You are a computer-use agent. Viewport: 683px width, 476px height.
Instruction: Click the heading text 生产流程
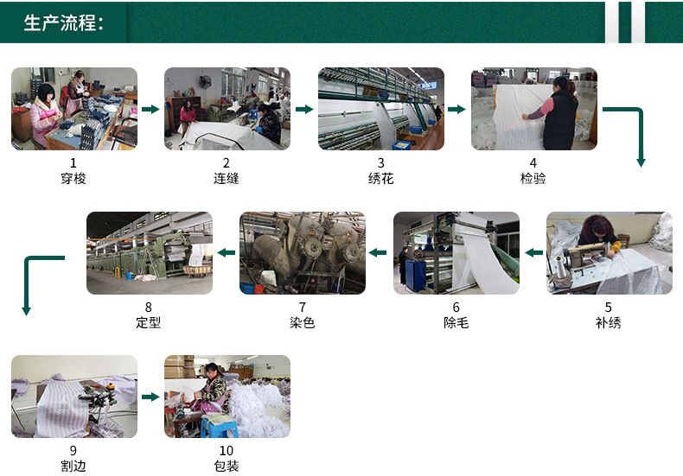click(60, 22)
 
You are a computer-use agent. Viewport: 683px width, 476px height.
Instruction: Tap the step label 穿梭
click(73, 178)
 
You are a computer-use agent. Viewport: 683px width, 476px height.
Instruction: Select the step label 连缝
click(226, 178)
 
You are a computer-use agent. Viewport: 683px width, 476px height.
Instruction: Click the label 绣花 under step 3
click(380, 178)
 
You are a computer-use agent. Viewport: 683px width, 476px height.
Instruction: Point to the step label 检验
click(533, 178)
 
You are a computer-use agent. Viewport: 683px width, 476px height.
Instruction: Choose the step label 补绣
click(608, 323)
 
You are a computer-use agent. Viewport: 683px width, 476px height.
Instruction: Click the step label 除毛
click(456, 323)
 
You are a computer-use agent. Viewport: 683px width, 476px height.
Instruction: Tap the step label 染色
click(303, 323)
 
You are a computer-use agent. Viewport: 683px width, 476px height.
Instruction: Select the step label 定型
click(149, 323)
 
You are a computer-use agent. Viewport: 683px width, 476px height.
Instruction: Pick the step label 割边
click(73, 466)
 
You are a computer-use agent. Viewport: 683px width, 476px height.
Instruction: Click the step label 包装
click(226, 466)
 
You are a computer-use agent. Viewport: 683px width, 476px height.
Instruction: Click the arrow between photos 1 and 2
click(150, 109)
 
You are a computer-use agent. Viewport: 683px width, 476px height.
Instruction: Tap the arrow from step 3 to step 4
click(456, 109)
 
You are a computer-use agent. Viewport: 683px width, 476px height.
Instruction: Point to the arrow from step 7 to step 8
click(226, 252)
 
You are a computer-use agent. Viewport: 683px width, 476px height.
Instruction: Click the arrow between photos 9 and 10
click(150, 397)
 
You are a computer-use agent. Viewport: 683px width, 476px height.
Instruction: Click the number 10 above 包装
click(226, 451)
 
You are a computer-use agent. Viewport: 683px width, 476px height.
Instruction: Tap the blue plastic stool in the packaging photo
click(218, 426)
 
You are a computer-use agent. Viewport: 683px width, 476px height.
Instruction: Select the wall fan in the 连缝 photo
click(205, 82)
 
